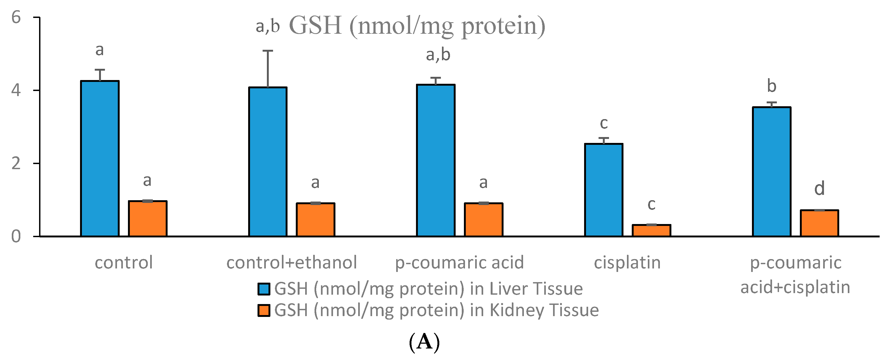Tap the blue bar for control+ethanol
[x=268, y=162]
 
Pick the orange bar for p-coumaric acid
[x=483, y=220]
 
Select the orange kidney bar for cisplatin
[x=651, y=230]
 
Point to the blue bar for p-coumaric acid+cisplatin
[x=771, y=172]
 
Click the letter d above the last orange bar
[x=819, y=189]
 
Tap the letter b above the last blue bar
[x=771, y=86]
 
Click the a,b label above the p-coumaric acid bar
[x=438, y=55]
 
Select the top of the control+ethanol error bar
[x=268, y=51]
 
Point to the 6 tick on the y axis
[x=16, y=17]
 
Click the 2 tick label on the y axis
[x=16, y=164]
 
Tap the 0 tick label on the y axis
[x=16, y=237]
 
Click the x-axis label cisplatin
[x=627, y=263]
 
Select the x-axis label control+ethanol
[x=292, y=263]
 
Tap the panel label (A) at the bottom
[x=424, y=342]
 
